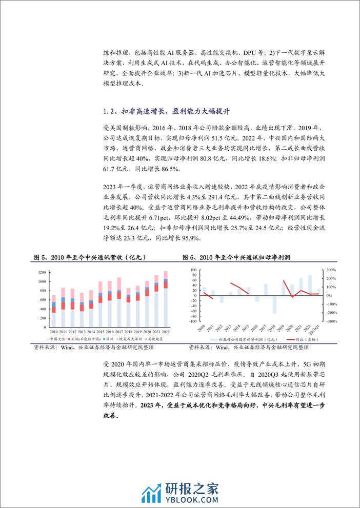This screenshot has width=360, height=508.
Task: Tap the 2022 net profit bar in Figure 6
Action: [309, 286]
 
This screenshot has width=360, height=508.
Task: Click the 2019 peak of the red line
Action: [284, 280]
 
